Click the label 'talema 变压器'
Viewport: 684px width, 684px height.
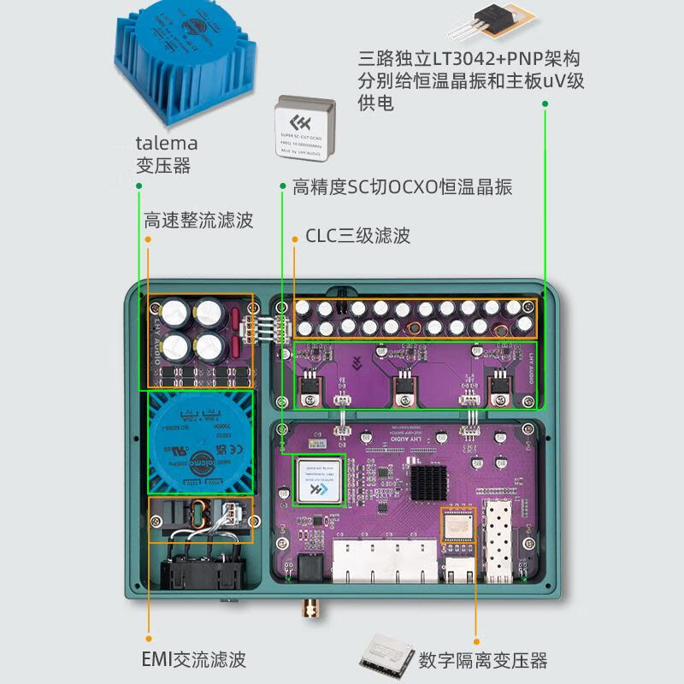[167, 154]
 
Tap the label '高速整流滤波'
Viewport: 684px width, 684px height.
[198, 220]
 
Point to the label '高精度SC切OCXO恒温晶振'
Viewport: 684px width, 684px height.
[402, 186]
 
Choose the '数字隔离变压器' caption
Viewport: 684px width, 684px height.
[483, 660]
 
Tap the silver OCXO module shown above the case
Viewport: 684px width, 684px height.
[308, 128]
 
